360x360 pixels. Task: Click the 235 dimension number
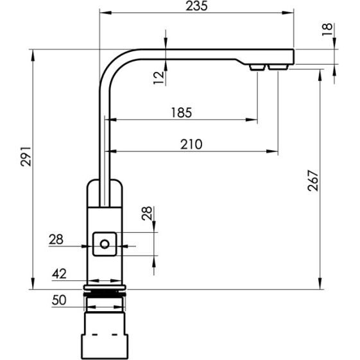click(x=196, y=6)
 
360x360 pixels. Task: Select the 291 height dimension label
click(x=26, y=156)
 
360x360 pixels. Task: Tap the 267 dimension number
click(x=313, y=180)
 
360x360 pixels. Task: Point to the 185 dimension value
click(x=182, y=112)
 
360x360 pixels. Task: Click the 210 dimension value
click(x=191, y=144)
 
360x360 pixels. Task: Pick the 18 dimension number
click(x=327, y=30)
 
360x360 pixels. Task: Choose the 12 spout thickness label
click(x=159, y=78)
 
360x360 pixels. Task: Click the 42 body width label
click(x=59, y=273)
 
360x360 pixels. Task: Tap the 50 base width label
click(x=59, y=300)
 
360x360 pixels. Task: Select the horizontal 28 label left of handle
click(x=56, y=239)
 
